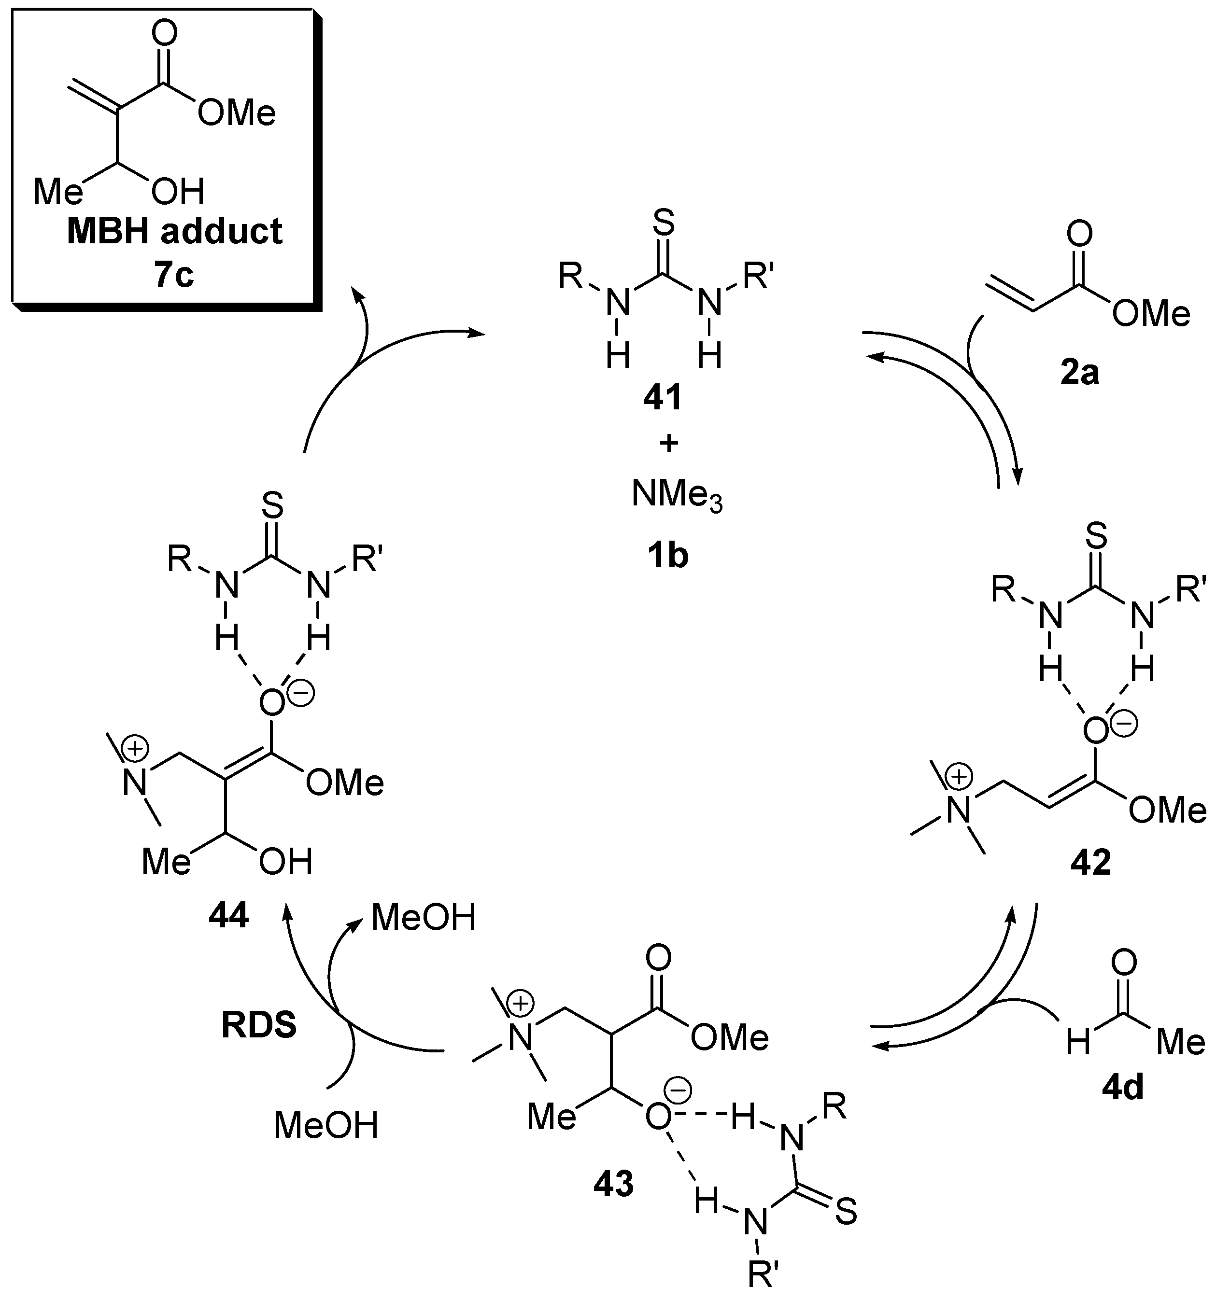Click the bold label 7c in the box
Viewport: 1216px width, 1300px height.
[x=174, y=275]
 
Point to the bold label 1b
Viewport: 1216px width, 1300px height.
[x=667, y=555]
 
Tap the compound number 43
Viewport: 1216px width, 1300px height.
[x=614, y=1184]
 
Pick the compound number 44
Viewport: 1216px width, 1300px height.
[x=228, y=916]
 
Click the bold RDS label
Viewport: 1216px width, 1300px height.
[x=259, y=1026]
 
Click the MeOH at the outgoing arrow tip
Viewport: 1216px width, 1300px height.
[x=423, y=918]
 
